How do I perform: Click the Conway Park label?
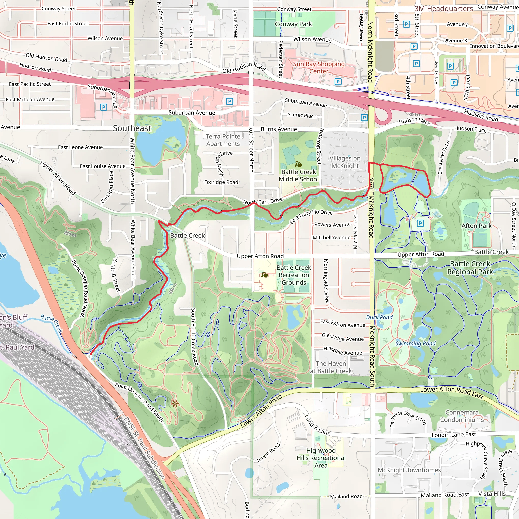(x=293, y=24)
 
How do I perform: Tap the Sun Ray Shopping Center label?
(x=319, y=68)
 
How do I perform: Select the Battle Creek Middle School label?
(x=299, y=175)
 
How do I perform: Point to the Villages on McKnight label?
(x=345, y=162)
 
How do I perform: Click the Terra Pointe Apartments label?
(x=223, y=140)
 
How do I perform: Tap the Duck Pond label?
(x=379, y=317)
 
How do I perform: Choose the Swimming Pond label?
(x=415, y=343)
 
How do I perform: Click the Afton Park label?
(x=476, y=226)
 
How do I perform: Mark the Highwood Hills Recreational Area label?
(x=321, y=458)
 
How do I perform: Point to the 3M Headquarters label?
(x=443, y=9)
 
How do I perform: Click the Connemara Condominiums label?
(x=461, y=416)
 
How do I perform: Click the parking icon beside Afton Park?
(x=420, y=223)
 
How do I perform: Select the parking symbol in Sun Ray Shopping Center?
(x=338, y=82)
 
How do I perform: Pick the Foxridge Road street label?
(x=221, y=182)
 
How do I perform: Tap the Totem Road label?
(x=268, y=453)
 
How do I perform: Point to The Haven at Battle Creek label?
(x=331, y=367)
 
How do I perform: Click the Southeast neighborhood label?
(x=132, y=128)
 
